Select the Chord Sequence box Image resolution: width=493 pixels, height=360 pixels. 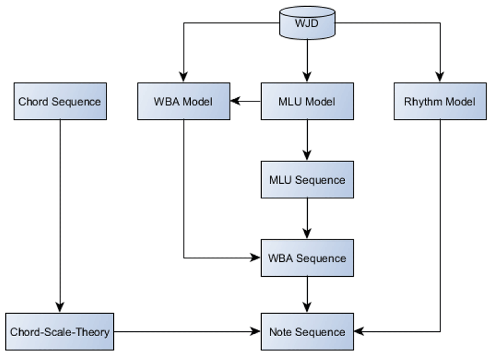click(60, 102)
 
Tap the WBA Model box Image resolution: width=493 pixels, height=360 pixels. click(183, 102)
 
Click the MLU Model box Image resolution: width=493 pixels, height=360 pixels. click(307, 102)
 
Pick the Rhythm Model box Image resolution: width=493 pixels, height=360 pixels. click(440, 102)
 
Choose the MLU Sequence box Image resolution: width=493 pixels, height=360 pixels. click(307, 180)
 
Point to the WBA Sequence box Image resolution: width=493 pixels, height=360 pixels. click(307, 258)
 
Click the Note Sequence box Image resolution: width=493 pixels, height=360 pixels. click(307, 331)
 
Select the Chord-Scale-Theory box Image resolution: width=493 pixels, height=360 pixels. click(60, 331)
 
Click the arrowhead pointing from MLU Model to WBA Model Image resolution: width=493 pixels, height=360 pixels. click(235, 101)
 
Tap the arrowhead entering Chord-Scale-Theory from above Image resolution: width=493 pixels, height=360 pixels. click(60, 307)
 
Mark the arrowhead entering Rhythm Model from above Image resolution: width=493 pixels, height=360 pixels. click(440, 77)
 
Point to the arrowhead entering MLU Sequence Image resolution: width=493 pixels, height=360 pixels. click(307, 155)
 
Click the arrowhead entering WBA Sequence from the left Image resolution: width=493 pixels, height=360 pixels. click(256, 258)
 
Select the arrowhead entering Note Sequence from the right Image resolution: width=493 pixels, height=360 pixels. click(358, 331)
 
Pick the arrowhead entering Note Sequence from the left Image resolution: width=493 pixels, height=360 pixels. click(256, 331)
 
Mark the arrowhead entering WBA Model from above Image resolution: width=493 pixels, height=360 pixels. click(183, 77)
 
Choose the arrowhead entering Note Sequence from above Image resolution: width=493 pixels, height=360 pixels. click(307, 307)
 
